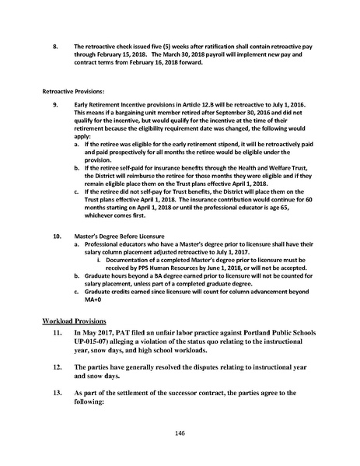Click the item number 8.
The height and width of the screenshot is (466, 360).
55,47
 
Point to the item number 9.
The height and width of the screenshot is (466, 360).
55,104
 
